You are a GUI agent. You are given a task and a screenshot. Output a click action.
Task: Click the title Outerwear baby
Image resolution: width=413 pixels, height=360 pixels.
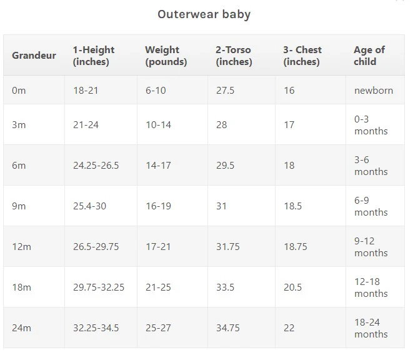[204, 14]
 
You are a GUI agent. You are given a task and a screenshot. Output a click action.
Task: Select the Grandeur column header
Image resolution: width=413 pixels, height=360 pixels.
[34, 55]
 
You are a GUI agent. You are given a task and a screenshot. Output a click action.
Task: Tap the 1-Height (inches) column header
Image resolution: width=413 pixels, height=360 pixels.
[94, 56]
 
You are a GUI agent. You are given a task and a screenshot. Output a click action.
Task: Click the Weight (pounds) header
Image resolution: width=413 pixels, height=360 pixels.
[166, 56]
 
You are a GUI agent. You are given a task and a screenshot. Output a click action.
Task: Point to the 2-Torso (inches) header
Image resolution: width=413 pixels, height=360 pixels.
[234, 56]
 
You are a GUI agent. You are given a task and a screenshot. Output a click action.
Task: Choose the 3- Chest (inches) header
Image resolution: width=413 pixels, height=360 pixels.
[302, 56]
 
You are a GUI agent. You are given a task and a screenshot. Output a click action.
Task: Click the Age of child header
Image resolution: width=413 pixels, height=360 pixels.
[369, 56]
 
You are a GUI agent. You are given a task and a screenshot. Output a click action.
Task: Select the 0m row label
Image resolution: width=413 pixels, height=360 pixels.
[19, 91]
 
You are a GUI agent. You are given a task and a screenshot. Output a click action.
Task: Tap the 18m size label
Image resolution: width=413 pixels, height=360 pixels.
[21, 287]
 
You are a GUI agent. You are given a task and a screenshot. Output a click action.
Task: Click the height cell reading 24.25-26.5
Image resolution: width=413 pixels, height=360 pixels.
[96, 166]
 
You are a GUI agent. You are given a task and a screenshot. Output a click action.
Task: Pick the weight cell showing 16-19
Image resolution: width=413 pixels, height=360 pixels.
[158, 206]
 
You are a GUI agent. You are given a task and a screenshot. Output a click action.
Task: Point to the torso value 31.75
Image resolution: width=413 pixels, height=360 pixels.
[227, 247]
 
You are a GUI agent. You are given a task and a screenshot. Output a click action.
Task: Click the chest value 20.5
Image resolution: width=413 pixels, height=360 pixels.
[292, 287]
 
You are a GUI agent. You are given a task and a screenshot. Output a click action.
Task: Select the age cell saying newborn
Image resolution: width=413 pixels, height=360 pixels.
[374, 91]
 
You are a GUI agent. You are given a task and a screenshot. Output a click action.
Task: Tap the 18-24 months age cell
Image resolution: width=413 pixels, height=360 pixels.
[371, 328]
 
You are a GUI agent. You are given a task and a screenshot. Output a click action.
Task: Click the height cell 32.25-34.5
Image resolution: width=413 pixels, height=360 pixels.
[96, 328]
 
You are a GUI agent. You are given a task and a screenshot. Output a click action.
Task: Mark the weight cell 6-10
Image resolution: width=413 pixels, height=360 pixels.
[156, 91]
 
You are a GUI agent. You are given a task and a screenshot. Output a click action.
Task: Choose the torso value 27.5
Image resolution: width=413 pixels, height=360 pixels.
[225, 91]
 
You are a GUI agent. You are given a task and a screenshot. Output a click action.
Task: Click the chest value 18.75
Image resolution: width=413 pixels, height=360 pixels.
[296, 247]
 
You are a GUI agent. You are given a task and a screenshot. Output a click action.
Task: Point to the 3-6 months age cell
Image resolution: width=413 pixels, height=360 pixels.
[371, 166]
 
